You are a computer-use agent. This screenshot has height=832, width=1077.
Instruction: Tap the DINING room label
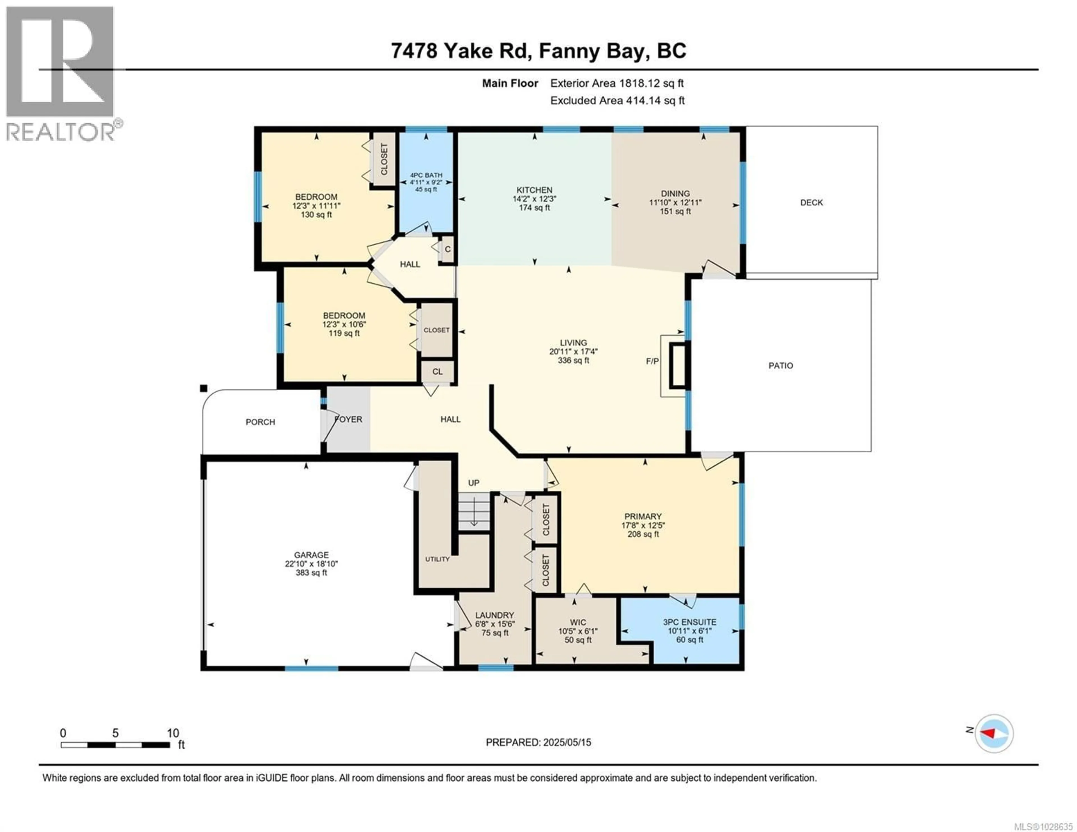(675, 193)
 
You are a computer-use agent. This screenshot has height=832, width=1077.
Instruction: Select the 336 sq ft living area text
(573, 361)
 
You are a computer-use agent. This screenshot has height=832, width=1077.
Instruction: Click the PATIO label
(781, 365)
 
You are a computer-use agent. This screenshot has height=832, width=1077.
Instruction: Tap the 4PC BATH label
(426, 175)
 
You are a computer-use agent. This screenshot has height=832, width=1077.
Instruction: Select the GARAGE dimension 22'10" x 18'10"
(311, 564)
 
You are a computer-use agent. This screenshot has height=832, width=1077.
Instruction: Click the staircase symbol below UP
(473, 513)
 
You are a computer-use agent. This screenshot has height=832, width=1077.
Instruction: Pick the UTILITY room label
(438, 559)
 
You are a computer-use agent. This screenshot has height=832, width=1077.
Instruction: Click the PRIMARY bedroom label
(643, 516)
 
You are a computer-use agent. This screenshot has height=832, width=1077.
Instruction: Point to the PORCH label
(260, 422)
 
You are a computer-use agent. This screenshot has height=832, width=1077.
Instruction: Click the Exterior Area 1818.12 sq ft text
(617, 83)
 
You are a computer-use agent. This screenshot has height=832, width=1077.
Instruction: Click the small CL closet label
(438, 372)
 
